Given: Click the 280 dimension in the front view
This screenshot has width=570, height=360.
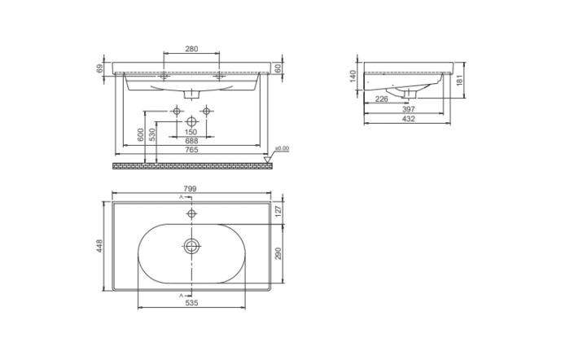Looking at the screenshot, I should [x=191, y=50].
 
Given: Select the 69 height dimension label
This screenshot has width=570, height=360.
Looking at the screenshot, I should [x=100, y=68].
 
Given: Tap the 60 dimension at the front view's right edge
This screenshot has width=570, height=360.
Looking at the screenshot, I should [x=279, y=68].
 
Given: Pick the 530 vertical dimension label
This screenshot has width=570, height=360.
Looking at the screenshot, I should [x=152, y=135].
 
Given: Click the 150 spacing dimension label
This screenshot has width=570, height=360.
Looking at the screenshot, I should [x=191, y=132].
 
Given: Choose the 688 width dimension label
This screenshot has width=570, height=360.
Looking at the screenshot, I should [x=191, y=141].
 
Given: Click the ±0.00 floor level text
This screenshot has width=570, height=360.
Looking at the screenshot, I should [x=283, y=147].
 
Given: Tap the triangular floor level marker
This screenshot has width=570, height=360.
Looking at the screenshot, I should [x=269, y=155].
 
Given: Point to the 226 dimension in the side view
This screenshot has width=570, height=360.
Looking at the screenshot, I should [x=380, y=99].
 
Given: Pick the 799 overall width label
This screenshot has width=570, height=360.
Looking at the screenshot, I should [x=191, y=190].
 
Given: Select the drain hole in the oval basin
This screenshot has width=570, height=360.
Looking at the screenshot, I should [x=191, y=244].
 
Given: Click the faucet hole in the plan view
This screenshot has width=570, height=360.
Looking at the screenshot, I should [x=191, y=213].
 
